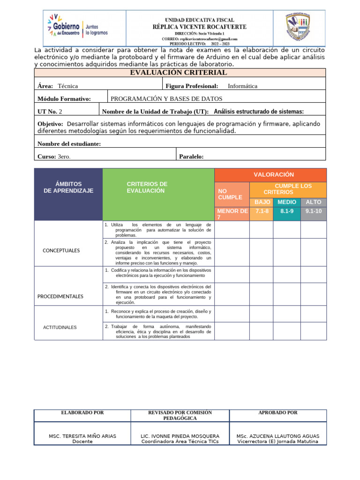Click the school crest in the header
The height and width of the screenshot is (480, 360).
pyautogui.click(x=299, y=28)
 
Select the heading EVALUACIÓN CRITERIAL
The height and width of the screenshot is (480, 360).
pyautogui.click(x=180, y=73)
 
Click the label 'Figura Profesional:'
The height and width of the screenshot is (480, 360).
pyautogui.click(x=192, y=86)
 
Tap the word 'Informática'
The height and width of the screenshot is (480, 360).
pyautogui.click(x=242, y=86)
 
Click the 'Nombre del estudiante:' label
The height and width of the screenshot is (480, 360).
pyautogui.click(x=69, y=144)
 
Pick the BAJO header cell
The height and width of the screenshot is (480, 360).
pyautogui.click(x=262, y=202)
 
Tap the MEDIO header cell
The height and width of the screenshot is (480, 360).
pyautogui.click(x=287, y=202)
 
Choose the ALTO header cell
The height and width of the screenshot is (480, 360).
pyautogui.click(x=313, y=202)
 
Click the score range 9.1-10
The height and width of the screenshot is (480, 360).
pyautogui.click(x=313, y=211)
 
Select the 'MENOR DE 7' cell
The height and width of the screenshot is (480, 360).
pyautogui.click(x=232, y=214)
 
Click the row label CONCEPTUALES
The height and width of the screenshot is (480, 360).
pyautogui.click(x=61, y=251)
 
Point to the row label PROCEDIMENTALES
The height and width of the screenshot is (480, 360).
pyautogui.click(x=60, y=297)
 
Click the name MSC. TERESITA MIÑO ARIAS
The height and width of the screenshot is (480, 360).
pyautogui.click(x=82, y=436)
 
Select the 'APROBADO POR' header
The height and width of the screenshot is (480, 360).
pyautogui.click(x=277, y=413)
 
